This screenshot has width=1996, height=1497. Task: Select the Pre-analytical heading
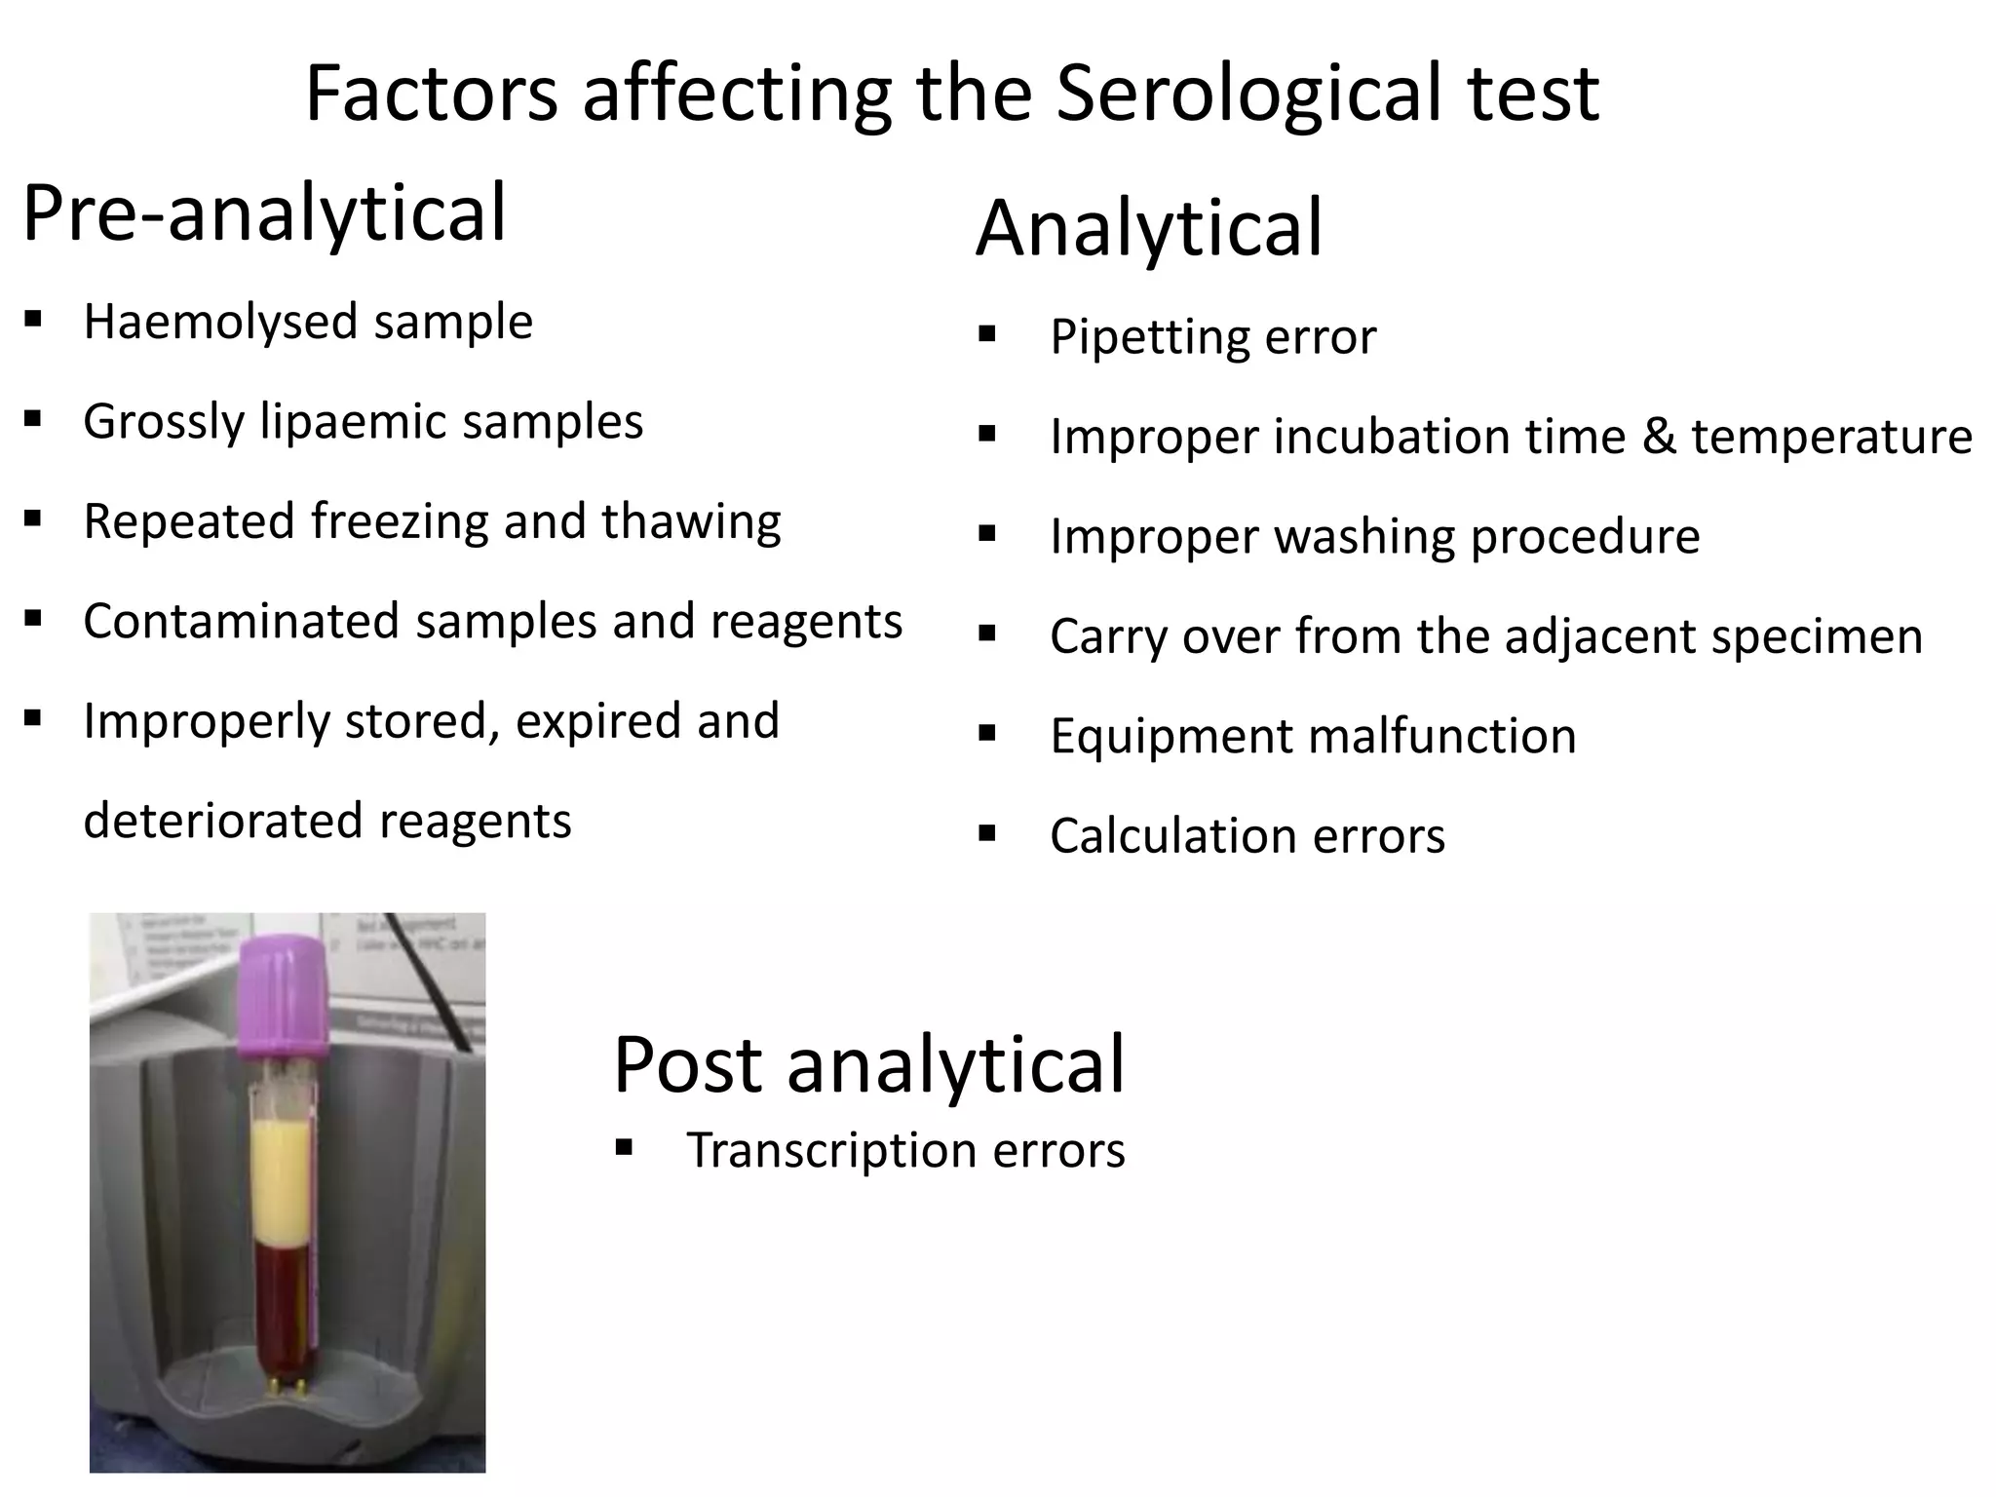coord(264,213)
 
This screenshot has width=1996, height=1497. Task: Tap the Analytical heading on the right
coord(1149,228)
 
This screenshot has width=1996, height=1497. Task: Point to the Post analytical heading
coord(868,1064)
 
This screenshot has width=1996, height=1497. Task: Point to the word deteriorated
coord(223,821)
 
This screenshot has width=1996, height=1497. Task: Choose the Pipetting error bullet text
coord(1212,337)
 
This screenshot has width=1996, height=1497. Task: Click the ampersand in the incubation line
coord(1660,436)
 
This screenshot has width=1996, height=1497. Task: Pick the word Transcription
coord(831,1151)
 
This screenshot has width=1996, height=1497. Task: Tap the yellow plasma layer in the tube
coord(282,1179)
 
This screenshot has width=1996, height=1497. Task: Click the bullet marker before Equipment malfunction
coord(987,733)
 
